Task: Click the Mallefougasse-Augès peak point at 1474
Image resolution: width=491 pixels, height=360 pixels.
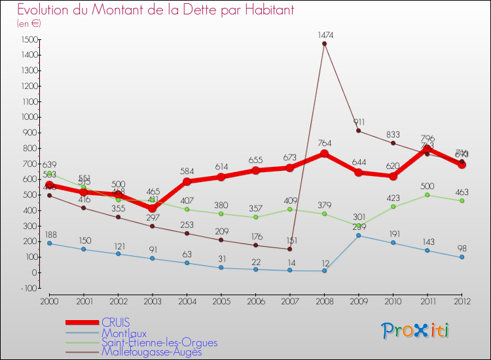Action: [x=324, y=44]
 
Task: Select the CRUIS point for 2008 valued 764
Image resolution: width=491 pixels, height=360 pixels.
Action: [x=324, y=154]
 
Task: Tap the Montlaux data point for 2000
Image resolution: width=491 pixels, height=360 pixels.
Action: [x=49, y=243]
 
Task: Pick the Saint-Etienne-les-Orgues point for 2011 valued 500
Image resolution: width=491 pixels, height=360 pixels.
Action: [x=427, y=195]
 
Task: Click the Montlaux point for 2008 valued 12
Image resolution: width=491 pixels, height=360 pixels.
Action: [x=324, y=270]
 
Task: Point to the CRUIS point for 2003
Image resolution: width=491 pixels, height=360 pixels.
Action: [x=152, y=208]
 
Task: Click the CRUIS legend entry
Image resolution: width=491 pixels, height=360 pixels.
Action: [x=115, y=322]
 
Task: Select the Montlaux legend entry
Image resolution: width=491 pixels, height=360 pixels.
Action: [x=124, y=333]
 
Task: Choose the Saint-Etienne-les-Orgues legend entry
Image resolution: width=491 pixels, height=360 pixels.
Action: [x=159, y=342]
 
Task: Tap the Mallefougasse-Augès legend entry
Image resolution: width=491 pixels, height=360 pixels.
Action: [x=151, y=351]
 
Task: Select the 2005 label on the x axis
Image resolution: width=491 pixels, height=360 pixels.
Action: [x=221, y=300]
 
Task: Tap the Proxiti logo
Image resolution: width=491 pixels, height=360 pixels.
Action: [x=416, y=331]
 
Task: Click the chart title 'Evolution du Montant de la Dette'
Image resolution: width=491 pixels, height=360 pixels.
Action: [x=155, y=10]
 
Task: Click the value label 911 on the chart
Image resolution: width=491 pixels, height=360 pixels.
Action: [x=358, y=122]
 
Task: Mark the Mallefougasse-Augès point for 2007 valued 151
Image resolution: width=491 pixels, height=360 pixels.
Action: [x=289, y=249]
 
